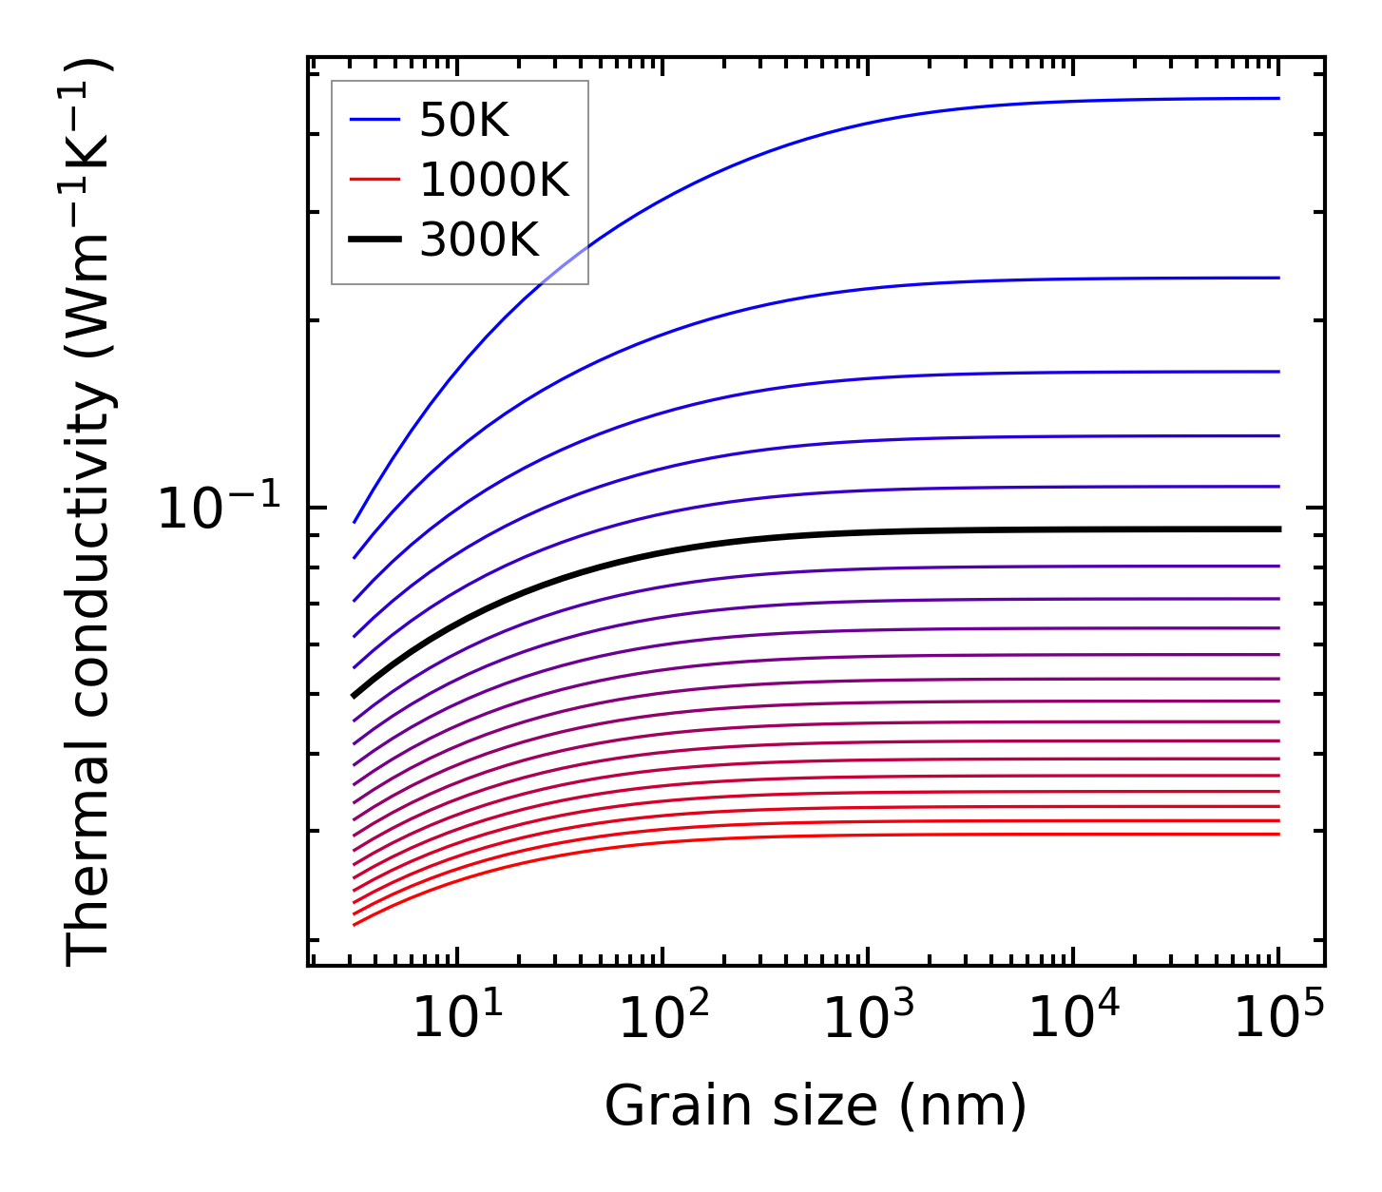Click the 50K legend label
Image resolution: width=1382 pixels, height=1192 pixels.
coord(464,121)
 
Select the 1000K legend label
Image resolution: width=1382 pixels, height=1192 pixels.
coord(494,180)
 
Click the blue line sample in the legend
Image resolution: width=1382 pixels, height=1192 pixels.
coord(375,120)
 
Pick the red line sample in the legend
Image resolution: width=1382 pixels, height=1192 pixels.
coord(375,180)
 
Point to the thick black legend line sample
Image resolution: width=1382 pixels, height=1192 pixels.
coord(375,240)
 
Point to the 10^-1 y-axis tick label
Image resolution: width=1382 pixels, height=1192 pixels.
coord(220,509)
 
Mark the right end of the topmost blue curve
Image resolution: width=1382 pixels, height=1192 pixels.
coord(1278,98)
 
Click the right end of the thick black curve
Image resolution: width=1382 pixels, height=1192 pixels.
coord(1278,529)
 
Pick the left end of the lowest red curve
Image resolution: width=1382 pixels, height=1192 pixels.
coord(354,924)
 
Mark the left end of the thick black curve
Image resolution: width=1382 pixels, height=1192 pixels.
coord(354,696)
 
